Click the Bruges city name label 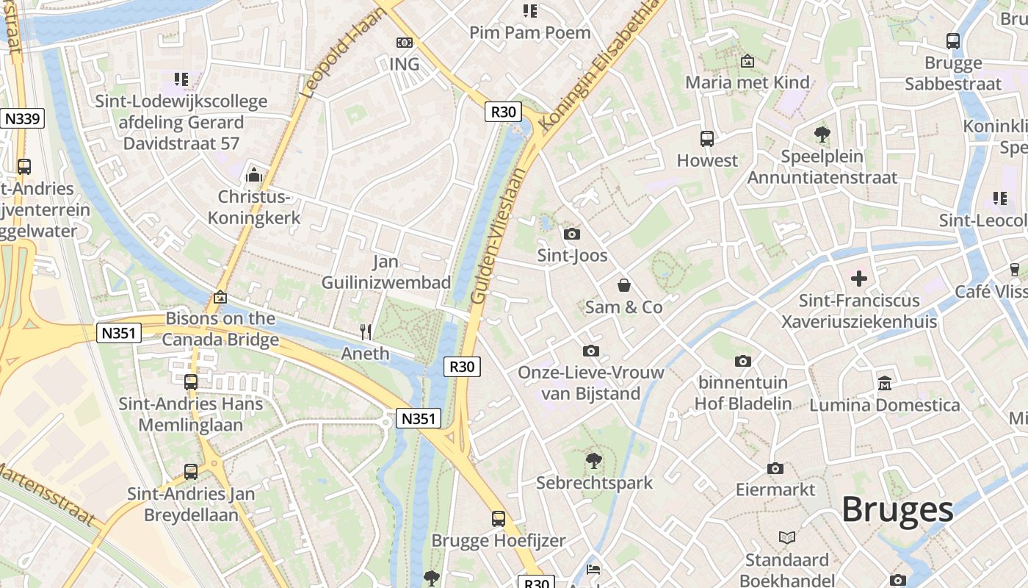(897, 509)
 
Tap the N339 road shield (23, 118)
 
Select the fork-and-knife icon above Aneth (366, 332)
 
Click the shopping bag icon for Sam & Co (623, 285)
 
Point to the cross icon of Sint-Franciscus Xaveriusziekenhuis (858, 279)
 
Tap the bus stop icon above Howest (707, 138)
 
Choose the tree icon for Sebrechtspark (593, 461)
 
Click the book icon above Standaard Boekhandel (787, 538)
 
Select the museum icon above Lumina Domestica (884, 383)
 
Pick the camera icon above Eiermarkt (775, 468)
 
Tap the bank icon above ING (404, 43)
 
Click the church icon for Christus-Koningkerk (254, 175)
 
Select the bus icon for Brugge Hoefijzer (499, 519)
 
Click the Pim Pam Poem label (529, 32)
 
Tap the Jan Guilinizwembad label (386, 272)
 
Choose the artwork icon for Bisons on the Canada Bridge (220, 297)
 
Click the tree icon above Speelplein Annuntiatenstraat (822, 135)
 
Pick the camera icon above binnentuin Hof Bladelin (743, 361)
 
